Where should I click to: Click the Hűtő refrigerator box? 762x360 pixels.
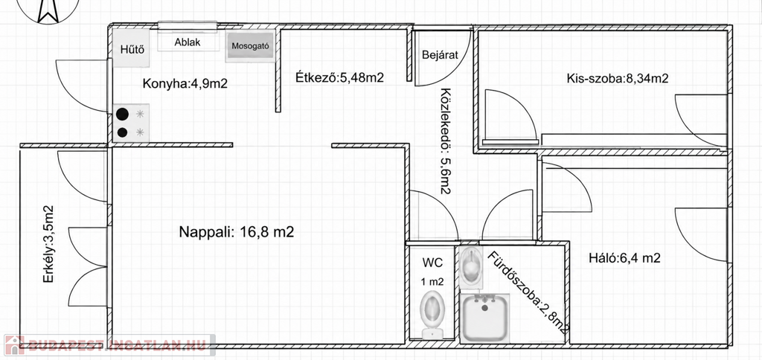tap(131, 48)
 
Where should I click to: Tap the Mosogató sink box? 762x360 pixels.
tap(250, 47)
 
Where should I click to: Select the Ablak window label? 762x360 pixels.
tap(188, 42)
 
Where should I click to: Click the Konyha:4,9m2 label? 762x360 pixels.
tap(185, 83)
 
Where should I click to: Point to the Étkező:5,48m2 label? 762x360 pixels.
tap(339, 77)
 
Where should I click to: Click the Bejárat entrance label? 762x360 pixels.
tap(441, 54)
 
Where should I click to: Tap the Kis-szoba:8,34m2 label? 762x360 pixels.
tap(617, 78)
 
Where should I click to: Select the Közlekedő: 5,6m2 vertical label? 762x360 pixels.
tap(445, 141)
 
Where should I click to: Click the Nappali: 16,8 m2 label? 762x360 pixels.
tap(237, 232)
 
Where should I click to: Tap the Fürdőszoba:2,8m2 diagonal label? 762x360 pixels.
tap(528, 293)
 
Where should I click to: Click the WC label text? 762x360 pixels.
tap(432, 263)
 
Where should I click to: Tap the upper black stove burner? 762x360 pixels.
tap(123, 114)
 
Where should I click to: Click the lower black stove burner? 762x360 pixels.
tap(123, 132)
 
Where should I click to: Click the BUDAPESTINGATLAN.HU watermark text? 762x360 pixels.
tap(117, 345)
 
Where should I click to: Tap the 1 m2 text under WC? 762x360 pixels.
tap(432, 281)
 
